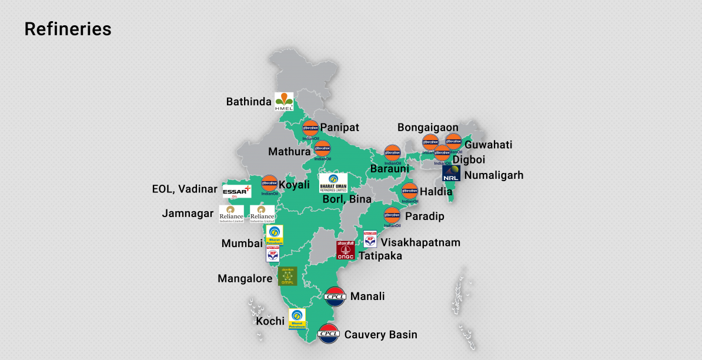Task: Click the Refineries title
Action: point(68,29)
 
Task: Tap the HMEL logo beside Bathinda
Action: point(284,102)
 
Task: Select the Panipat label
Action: point(339,128)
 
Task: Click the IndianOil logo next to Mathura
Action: point(322,149)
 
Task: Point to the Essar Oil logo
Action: point(237,191)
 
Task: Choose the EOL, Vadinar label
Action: point(185,189)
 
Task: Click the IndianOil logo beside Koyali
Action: point(269,184)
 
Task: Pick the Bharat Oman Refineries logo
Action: point(333,183)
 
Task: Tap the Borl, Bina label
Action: point(347,199)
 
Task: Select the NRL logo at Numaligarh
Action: point(451,174)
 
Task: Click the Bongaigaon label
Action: point(427,128)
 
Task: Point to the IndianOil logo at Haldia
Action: point(409,192)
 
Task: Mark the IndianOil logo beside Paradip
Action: point(392,216)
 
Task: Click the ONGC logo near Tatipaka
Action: point(345,250)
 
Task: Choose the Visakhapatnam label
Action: point(420,242)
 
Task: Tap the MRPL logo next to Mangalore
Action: point(288,276)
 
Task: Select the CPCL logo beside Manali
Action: point(335,296)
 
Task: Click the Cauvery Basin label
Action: point(380,335)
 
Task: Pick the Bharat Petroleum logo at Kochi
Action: point(297,319)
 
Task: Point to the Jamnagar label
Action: point(188,214)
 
